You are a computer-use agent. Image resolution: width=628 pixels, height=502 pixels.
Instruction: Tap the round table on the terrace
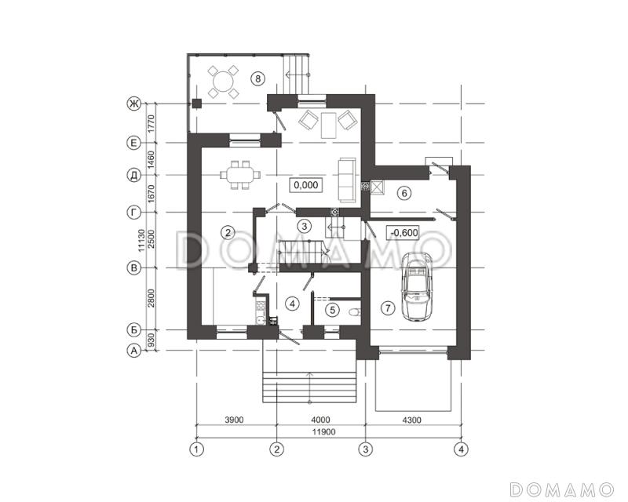tap(223, 82)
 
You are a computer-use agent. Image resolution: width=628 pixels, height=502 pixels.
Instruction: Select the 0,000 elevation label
tap(306, 185)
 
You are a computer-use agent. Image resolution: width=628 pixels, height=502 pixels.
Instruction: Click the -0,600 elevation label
tap(403, 232)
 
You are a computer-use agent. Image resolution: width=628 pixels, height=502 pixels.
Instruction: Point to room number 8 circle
tap(258, 78)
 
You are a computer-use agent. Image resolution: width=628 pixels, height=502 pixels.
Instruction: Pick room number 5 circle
tap(332, 310)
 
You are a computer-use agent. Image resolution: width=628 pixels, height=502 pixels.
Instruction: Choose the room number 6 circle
tap(404, 194)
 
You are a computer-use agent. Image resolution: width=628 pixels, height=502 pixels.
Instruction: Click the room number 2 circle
tap(228, 232)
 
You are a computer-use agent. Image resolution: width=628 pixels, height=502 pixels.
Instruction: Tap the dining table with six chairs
tap(240, 175)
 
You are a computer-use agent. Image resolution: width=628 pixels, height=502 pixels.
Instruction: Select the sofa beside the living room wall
tap(347, 180)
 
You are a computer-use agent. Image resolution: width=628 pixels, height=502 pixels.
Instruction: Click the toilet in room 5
tap(355, 311)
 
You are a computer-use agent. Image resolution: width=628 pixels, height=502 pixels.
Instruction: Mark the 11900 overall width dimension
tap(325, 432)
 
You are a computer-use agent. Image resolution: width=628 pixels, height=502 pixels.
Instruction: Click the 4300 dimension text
tap(411, 420)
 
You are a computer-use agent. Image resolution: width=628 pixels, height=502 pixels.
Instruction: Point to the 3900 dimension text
tap(234, 420)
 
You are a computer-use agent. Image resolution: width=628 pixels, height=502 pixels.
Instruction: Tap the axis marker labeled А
tap(133, 351)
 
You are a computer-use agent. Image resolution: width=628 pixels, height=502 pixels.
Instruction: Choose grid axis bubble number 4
tap(461, 449)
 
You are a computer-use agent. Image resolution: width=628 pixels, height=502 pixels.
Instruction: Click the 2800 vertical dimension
tap(151, 298)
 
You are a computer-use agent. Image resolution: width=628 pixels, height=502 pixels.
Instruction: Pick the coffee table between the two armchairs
tap(328, 125)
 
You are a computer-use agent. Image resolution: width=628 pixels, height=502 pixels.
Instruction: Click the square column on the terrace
tap(196, 104)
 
